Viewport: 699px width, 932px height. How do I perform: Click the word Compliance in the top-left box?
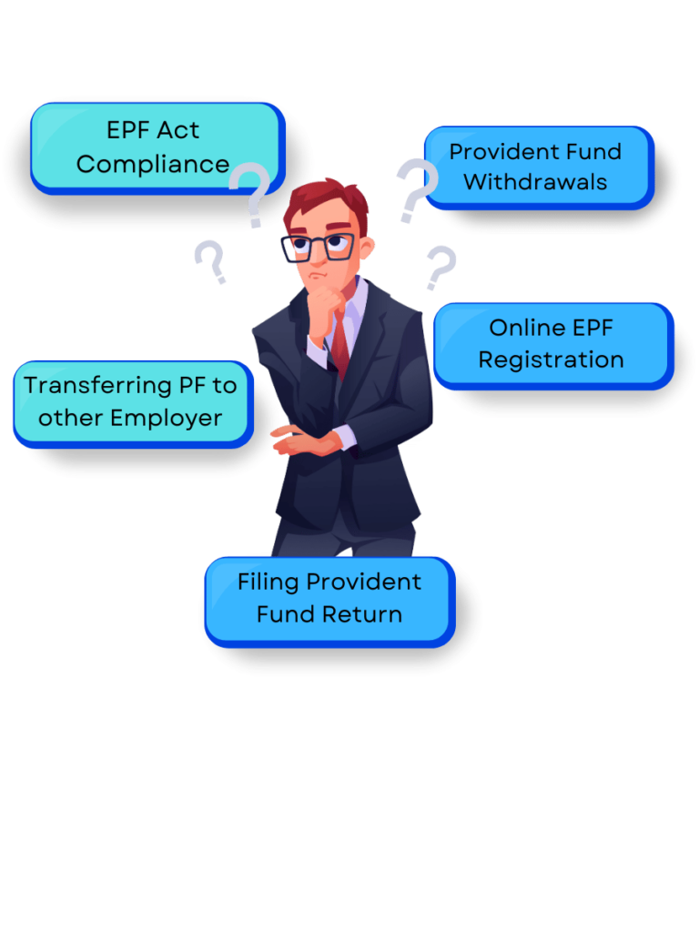click(152, 165)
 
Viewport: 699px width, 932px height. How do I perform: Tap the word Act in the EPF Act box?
click(178, 130)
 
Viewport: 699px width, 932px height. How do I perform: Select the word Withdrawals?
click(534, 182)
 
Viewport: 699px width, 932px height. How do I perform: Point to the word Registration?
click(551, 360)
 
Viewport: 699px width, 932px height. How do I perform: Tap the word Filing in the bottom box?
click(268, 582)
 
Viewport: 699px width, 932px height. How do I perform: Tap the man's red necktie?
click(340, 347)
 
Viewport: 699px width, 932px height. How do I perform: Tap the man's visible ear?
click(365, 248)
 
